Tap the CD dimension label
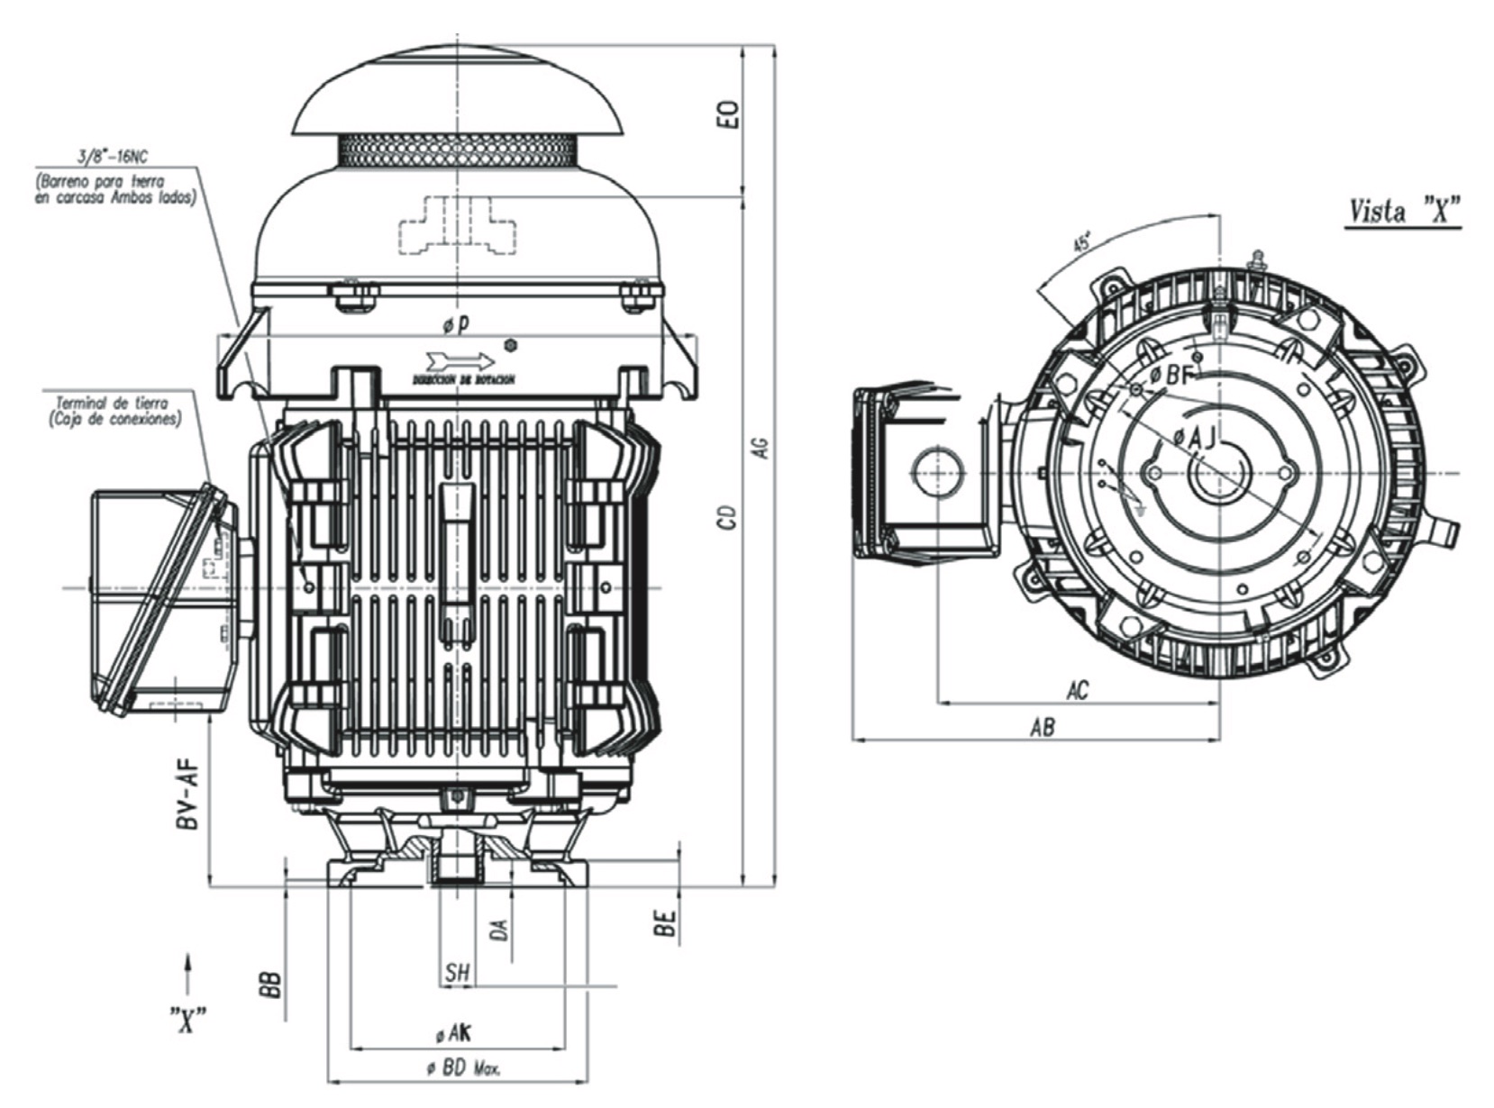point(730,516)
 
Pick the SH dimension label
point(458,973)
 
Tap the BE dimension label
point(665,924)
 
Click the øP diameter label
point(458,323)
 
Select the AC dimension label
point(1077,690)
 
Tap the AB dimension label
point(1042,727)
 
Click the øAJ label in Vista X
point(1195,437)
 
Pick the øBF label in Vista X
point(1171,374)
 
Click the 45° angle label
point(1083,242)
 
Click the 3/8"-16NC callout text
point(114,158)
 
